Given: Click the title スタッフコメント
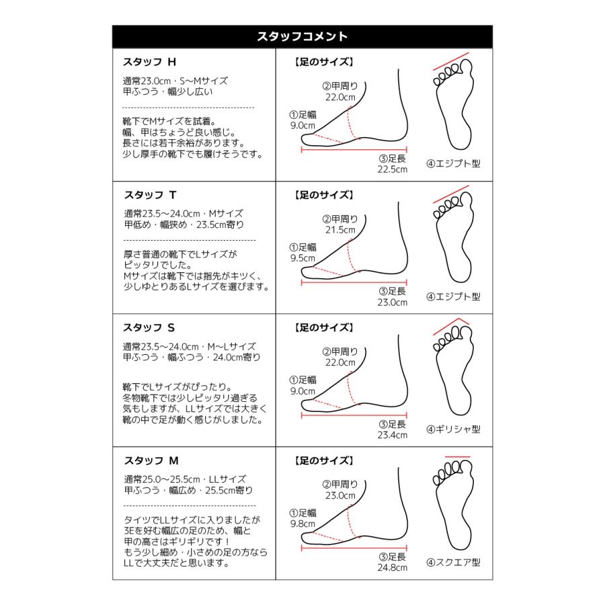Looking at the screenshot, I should (x=302, y=36).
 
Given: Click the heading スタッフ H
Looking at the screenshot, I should (x=149, y=61).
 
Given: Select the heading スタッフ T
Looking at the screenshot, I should (x=149, y=195).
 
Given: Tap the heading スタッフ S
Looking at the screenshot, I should (x=149, y=328).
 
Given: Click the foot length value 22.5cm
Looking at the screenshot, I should (x=392, y=169).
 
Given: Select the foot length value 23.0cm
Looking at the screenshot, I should (x=392, y=302).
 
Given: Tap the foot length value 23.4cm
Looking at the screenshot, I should (x=392, y=435).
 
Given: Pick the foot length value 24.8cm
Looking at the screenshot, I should (x=392, y=568).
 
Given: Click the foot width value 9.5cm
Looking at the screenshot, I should (x=302, y=257).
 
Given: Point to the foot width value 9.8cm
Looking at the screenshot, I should (x=302, y=524).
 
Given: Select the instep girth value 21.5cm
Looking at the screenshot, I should (x=339, y=229).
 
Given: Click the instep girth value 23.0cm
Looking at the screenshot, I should (x=339, y=495).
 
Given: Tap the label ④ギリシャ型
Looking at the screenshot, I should (x=453, y=429).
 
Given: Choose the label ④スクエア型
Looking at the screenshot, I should (x=453, y=562).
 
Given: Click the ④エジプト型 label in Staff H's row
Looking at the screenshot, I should (x=453, y=163).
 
